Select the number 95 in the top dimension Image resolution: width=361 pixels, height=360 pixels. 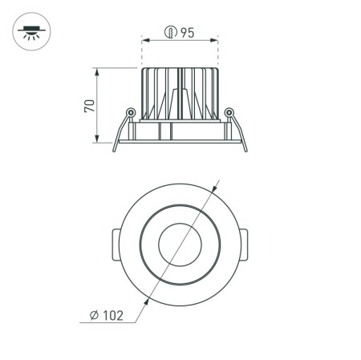(187, 32)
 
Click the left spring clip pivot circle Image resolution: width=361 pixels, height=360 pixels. (129, 112)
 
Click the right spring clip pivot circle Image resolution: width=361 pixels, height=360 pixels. (229, 112)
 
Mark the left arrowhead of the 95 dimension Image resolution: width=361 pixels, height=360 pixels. (144, 39)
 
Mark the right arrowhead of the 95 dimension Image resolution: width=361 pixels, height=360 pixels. (216, 39)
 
